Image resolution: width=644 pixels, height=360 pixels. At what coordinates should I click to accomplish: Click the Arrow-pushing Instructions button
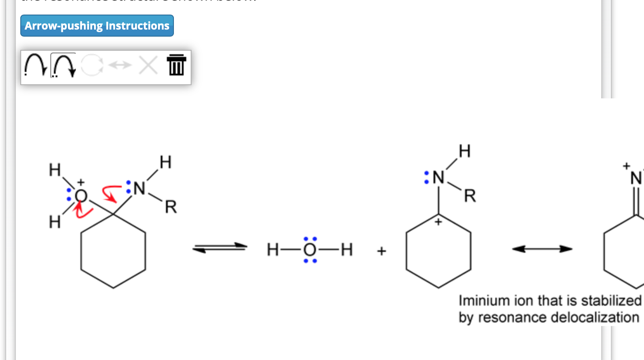97,26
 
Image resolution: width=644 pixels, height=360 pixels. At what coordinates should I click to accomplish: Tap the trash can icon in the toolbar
176,65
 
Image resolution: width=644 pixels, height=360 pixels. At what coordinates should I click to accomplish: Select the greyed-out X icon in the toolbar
148,65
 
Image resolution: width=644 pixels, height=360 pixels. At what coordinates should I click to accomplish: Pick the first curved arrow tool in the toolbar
35,65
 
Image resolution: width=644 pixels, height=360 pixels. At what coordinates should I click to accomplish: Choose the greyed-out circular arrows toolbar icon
92,65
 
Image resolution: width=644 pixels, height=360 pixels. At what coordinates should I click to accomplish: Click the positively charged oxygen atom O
81,195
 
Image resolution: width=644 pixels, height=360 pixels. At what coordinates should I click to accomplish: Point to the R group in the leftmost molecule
171,206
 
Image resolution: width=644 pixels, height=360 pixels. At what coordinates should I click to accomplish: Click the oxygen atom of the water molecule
310,250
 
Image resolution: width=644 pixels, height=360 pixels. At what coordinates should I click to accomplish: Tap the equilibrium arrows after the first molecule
220,248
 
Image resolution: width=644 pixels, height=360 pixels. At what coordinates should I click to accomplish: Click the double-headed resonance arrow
542,249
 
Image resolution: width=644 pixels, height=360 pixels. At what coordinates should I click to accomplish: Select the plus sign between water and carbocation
381,251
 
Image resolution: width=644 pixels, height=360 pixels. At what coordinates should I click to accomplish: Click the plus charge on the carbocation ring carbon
438,221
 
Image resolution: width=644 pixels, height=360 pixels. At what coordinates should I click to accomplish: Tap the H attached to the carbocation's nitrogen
464,151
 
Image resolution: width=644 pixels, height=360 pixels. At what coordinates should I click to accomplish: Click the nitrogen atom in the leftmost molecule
139,188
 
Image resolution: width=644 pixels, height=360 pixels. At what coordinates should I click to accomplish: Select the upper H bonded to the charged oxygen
55,170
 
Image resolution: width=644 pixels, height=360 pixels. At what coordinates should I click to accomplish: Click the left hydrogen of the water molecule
273,250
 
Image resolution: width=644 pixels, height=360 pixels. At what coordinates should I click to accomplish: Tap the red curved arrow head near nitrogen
113,199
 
